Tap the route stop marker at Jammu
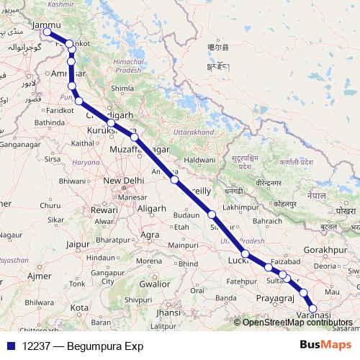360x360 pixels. pos(48,32)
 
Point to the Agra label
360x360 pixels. pos(150,235)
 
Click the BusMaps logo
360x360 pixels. pos(330,346)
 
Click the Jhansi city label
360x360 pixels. pos(168,313)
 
